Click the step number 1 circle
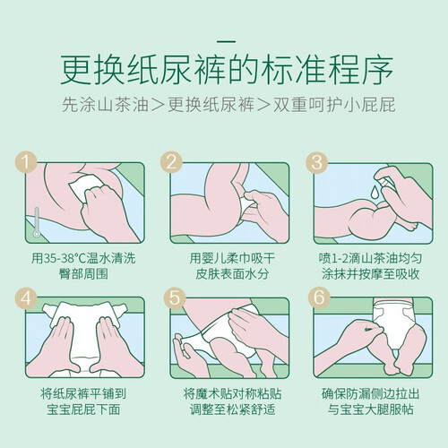[26, 162]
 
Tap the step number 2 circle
[171, 162]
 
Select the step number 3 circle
[316, 162]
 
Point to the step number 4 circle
[26, 297]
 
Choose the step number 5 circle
[175, 297]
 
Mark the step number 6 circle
[319, 297]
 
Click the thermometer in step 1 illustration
[37, 222]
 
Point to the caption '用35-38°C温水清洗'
[83, 258]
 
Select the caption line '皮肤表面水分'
[232, 274]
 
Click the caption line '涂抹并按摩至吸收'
[371, 274]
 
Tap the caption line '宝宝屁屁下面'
[83, 409]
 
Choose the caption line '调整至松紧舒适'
[232, 409]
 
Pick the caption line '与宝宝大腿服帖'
[371, 409]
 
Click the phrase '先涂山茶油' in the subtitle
[106, 105]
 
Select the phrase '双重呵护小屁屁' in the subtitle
[334, 105]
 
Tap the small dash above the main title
[227, 42]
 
